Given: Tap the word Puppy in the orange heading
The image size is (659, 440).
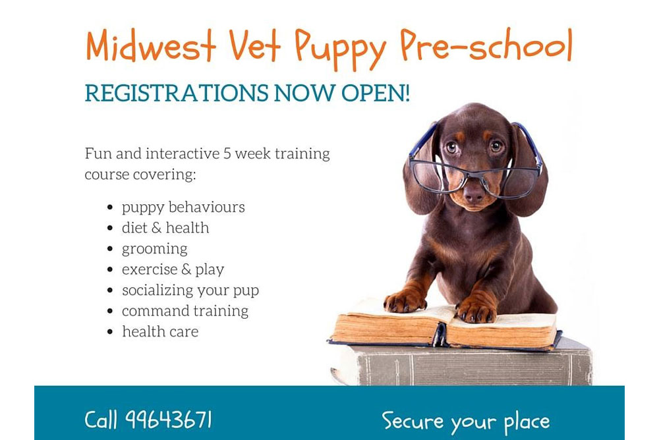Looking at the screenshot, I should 341,47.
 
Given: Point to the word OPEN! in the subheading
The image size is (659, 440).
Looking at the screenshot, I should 376,94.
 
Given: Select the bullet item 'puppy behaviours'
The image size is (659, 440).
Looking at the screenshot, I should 183,207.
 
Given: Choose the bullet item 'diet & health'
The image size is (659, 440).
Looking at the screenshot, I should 165,228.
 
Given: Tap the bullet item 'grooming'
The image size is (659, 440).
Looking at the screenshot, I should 155,249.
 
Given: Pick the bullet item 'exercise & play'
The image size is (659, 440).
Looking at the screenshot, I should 173,269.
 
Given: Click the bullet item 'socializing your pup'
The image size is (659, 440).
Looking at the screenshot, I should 190,290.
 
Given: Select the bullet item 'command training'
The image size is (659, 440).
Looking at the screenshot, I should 185,311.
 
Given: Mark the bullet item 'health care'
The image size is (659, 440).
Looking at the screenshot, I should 160,331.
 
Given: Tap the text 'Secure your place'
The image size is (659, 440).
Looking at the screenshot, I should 465,420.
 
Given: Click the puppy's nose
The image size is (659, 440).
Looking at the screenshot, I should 473,192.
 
